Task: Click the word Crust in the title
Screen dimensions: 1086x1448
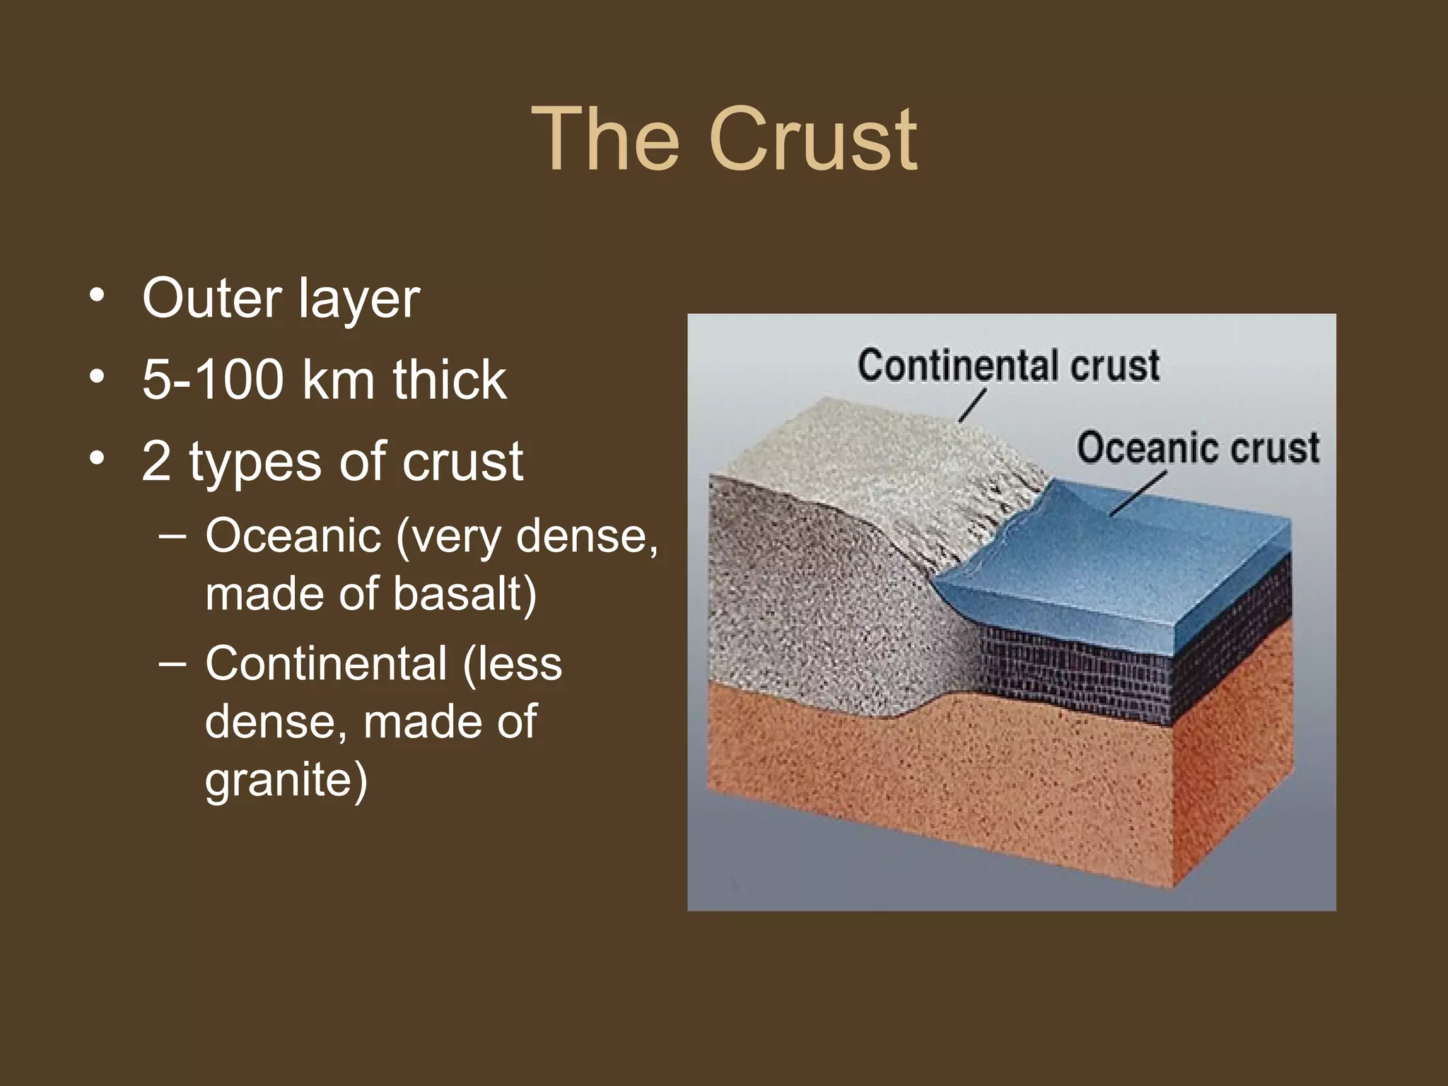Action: pos(813,139)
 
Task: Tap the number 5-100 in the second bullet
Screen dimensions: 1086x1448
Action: pos(213,380)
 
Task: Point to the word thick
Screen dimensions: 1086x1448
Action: pos(450,380)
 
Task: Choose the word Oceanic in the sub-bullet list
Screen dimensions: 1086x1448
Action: pos(293,536)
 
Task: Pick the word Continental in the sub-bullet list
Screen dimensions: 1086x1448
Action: pos(326,664)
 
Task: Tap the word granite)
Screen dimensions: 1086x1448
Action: pos(286,780)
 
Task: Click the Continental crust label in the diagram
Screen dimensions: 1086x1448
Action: pos(1008,366)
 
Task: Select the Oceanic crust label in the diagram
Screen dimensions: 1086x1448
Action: pos(1198,448)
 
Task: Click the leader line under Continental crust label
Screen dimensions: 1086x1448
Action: pos(972,407)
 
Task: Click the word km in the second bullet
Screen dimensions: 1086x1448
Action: pos(337,380)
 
